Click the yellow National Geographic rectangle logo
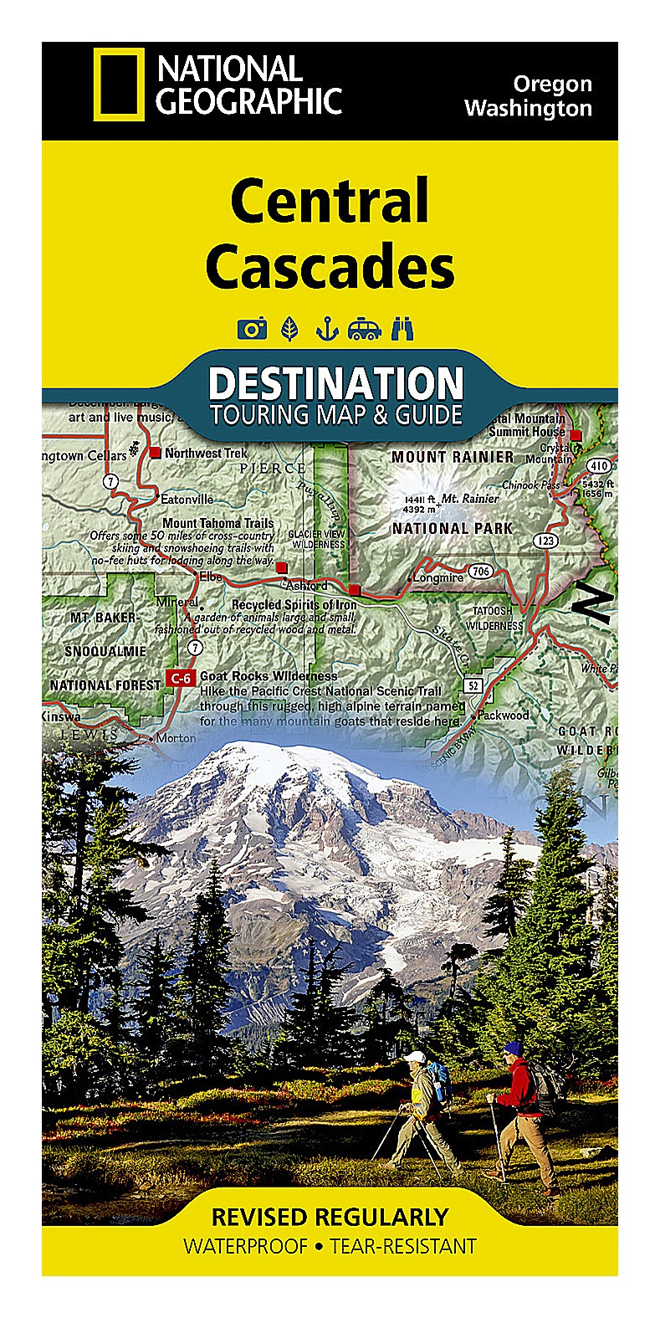click(x=118, y=85)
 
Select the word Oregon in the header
click(x=552, y=84)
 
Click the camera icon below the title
click(x=251, y=329)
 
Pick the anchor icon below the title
click(x=325, y=329)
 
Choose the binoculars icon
click(x=402, y=329)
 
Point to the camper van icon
click(x=364, y=329)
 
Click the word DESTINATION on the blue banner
click(x=335, y=384)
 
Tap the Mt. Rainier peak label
click(x=470, y=498)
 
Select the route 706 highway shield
click(x=480, y=572)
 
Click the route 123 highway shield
click(x=546, y=541)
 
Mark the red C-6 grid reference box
click(x=180, y=678)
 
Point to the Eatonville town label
click(x=187, y=499)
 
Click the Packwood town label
click(x=503, y=715)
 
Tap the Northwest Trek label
click(x=206, y=453)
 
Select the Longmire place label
click(x=437, y=577)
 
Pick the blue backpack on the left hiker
click(x=438, y=1083)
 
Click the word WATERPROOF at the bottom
click(x=246, y=1246)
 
